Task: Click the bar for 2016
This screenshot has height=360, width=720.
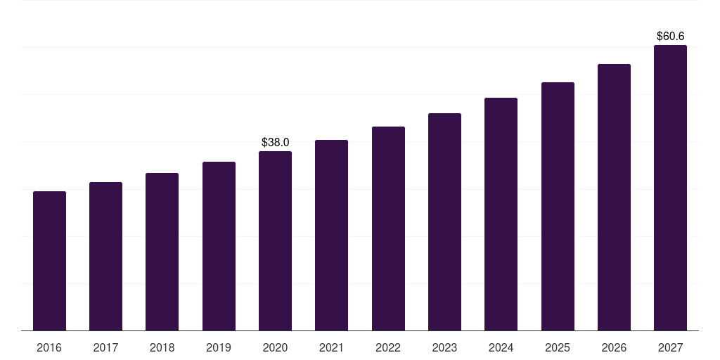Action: [49, 261]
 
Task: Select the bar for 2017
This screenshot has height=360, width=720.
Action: [105, 257]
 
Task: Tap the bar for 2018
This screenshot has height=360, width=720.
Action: [162, 252]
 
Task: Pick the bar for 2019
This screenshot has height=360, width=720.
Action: [219, 246]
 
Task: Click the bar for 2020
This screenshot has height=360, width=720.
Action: [275, 241]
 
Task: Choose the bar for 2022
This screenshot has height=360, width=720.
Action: [388, 229]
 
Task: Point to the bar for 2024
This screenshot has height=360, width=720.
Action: [501, 214]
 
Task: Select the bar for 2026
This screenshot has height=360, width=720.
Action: [614, 198]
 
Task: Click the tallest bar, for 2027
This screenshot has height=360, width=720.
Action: [670, 188]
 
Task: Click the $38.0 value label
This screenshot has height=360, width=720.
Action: [275, 142]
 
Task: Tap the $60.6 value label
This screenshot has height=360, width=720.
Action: [670, 36]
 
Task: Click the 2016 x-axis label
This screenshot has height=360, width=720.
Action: [49, 347]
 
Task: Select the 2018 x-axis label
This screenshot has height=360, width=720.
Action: [162, 347]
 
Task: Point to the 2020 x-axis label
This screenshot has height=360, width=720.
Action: [275, 347]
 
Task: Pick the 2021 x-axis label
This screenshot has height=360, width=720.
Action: [331, 347]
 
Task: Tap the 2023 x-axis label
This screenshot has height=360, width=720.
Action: [444, 347]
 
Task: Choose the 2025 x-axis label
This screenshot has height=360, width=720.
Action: [558, 347]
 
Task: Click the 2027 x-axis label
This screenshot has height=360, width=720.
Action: [670, 347]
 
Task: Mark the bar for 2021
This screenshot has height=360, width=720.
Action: [331, 236]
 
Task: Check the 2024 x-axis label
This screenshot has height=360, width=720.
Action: [501, 347]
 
